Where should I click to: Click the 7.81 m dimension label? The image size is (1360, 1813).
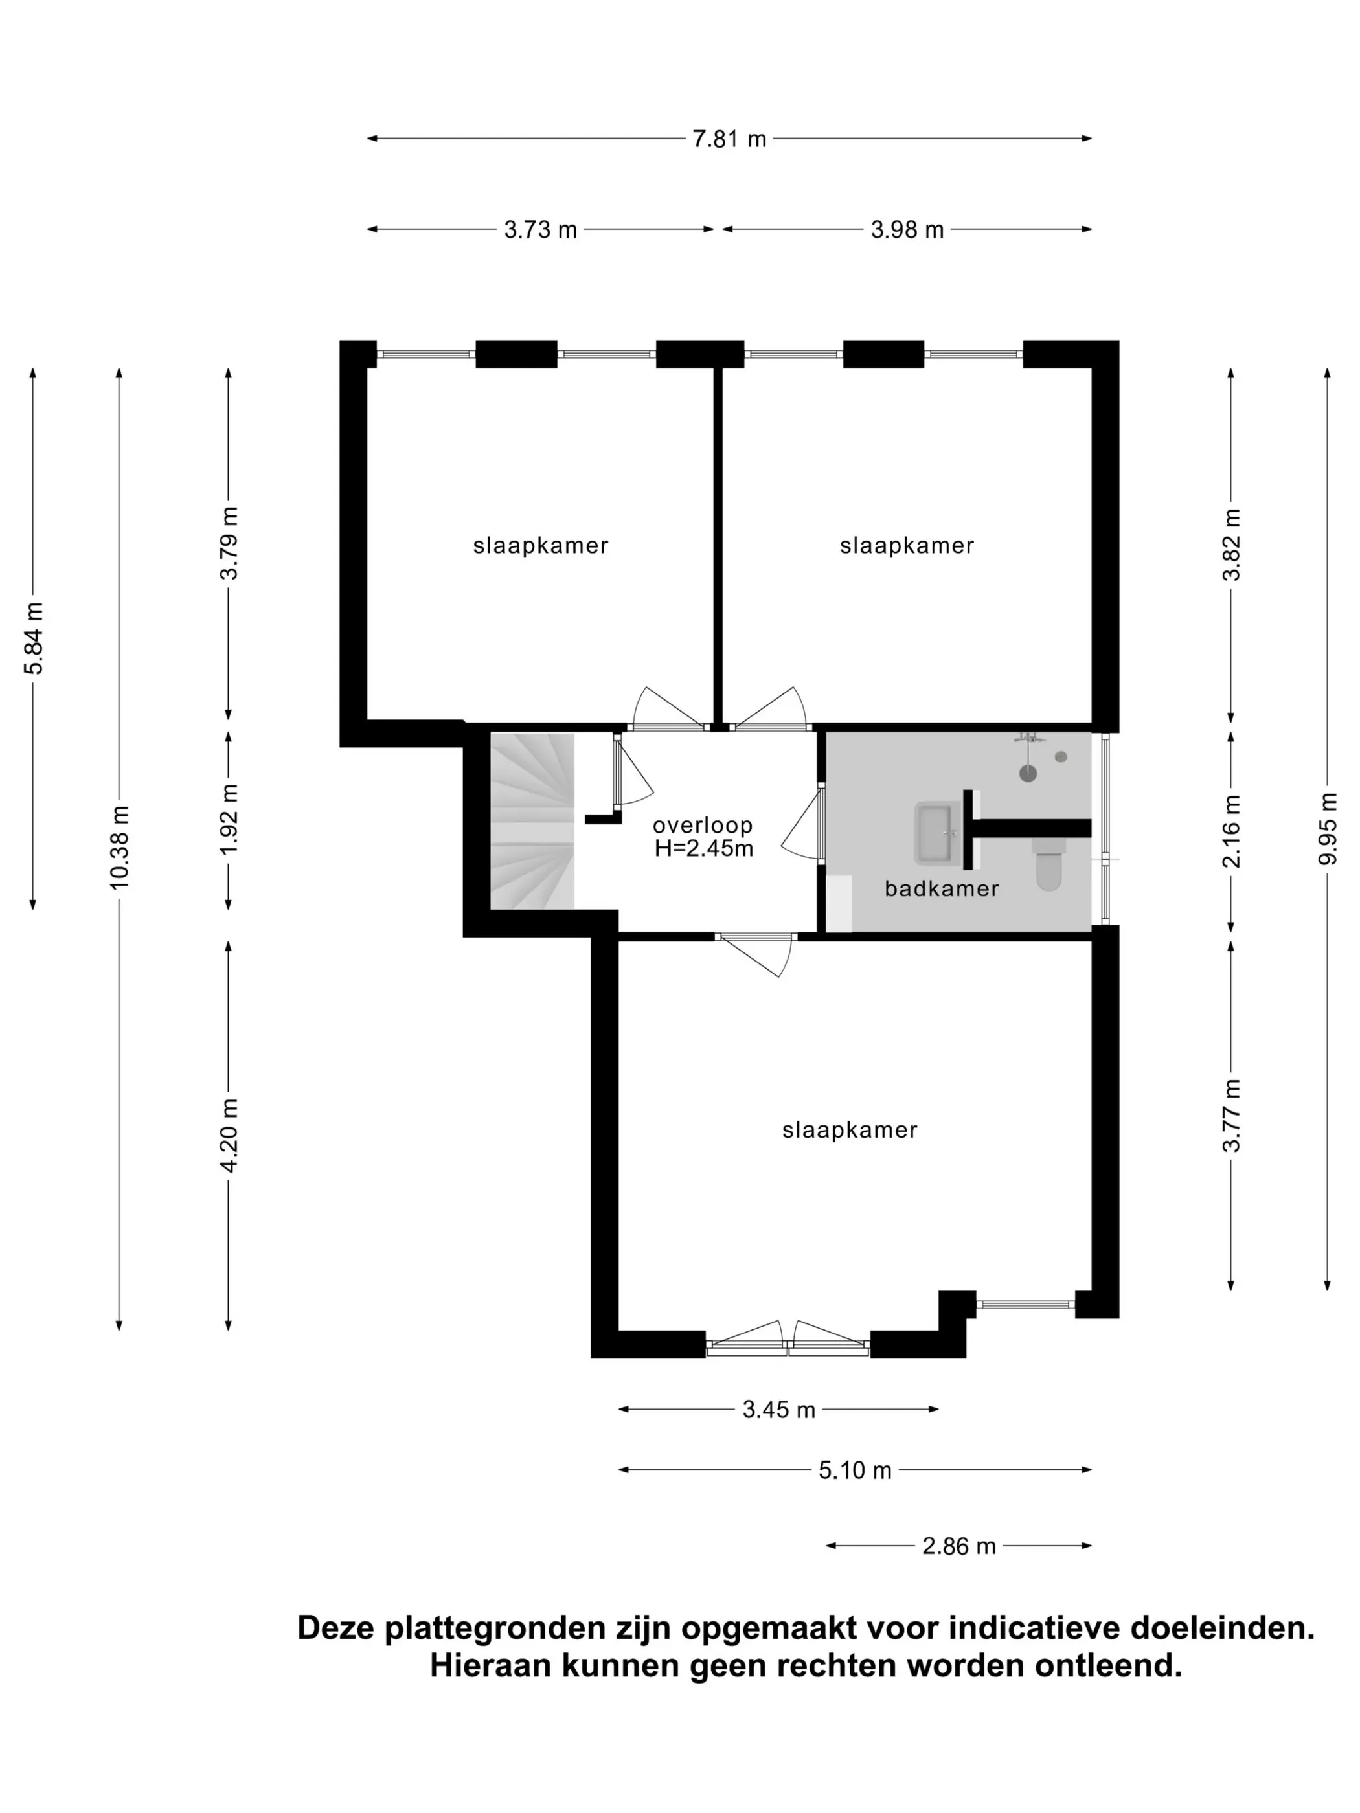point(729,139)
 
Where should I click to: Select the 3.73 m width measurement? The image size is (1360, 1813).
point(540,229)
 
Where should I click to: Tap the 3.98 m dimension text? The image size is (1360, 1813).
point(907,229)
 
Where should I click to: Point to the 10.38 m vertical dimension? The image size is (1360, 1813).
point(120,847)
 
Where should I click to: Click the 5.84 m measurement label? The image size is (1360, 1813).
point(34,638)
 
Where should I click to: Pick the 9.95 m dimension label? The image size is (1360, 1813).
point(1327,829)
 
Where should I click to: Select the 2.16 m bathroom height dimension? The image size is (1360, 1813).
point(1231,831)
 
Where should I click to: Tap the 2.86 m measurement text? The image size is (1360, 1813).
point(958,1546)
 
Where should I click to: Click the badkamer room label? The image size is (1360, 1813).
point(942,888)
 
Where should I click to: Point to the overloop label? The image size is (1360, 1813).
point(703,826)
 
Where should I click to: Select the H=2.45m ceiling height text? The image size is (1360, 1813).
point(703,848)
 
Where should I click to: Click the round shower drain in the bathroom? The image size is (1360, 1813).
point(1028,773)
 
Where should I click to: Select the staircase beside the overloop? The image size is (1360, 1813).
point(532,820)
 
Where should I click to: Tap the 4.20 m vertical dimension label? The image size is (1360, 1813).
point(229,1136)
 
